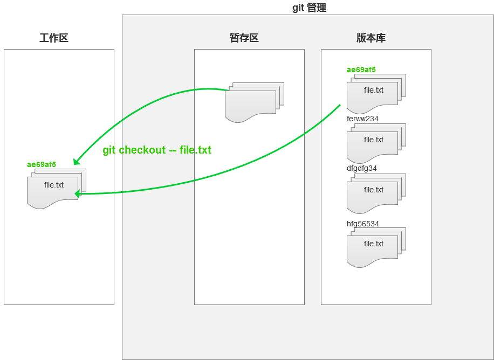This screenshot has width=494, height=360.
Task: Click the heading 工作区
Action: [54, 38]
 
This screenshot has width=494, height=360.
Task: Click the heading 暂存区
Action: [244, 38]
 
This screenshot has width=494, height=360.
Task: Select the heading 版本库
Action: [370, 38]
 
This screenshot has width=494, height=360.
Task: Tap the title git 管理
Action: [309, 8]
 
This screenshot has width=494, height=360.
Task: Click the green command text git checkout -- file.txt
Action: [157, 150]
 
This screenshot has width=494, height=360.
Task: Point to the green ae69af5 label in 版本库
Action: [361, 70]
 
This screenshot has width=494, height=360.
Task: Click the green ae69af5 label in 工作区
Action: [42, 164]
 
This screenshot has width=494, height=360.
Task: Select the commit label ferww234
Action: [362, 119]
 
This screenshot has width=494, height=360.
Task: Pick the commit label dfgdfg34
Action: [362, 168]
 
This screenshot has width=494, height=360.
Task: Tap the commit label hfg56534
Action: [363, 224]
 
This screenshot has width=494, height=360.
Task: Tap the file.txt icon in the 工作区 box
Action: [53, 188]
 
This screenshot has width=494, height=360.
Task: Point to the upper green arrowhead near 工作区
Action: [77, 161]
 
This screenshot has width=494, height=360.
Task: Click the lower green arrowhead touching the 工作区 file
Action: [78, 193]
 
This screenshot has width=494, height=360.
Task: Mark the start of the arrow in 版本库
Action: [340, 105]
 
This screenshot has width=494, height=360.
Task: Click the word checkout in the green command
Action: [142, 150]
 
